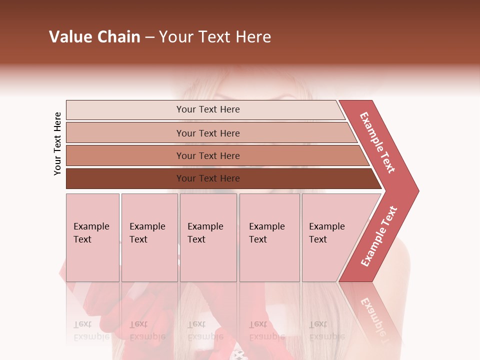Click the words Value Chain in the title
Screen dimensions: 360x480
pyautogui.click(x=94, y=37)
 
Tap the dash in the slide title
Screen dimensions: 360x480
pyautogui.click(x=149, y=37)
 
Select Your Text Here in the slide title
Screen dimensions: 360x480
pyautogui.click(x=215, y=37)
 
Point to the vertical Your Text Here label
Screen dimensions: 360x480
pyautogui.click(x=57, y=143)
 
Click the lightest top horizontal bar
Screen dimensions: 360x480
pyautogui.click(x=208, y=109)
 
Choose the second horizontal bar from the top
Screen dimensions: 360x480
pyautogui.click(x=208, y=133)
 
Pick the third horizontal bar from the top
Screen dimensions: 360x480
pyautogui.click(x=208, y=155)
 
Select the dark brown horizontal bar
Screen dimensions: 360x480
pyautogui.click(x=208, y=178)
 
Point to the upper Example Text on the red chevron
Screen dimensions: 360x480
pyautogui.click(x=378, y=143)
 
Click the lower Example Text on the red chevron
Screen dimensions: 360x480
pyautogui.click(x=379, y=236)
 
